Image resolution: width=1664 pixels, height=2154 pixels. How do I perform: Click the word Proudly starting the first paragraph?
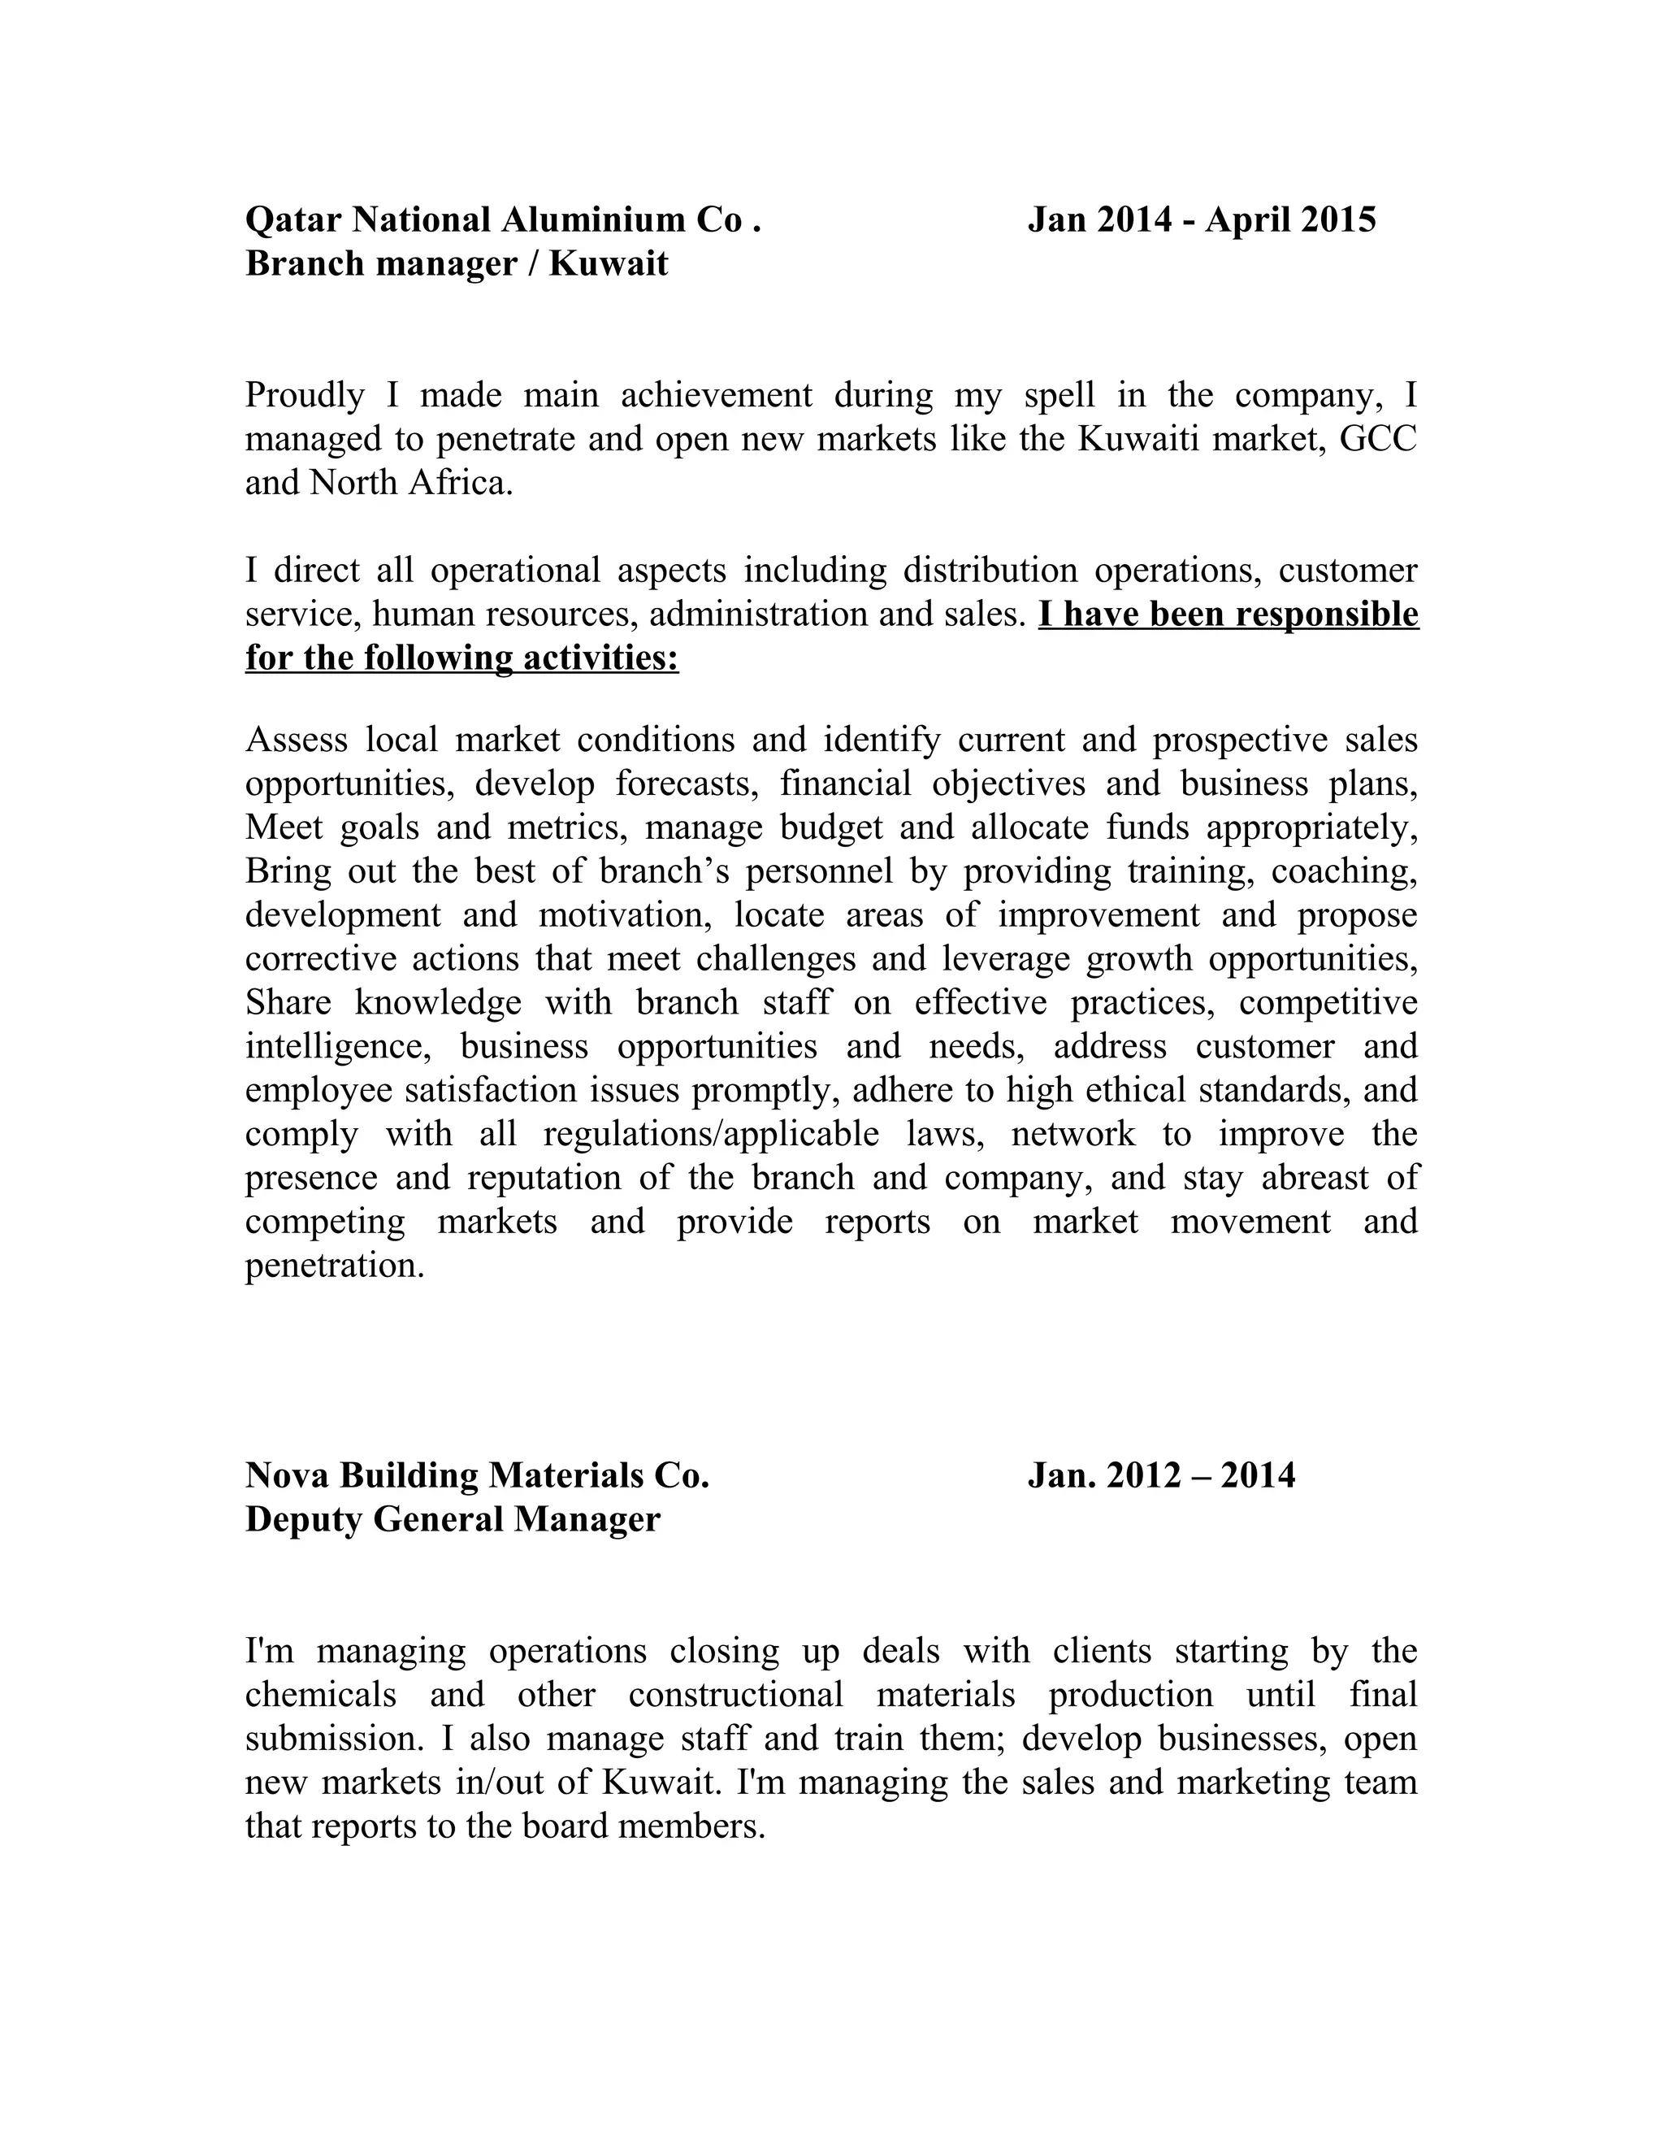coord(305,397)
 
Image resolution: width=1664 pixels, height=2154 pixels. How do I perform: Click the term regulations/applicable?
coord(711,1134)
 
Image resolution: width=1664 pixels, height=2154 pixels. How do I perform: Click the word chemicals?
coord(320,1696)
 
